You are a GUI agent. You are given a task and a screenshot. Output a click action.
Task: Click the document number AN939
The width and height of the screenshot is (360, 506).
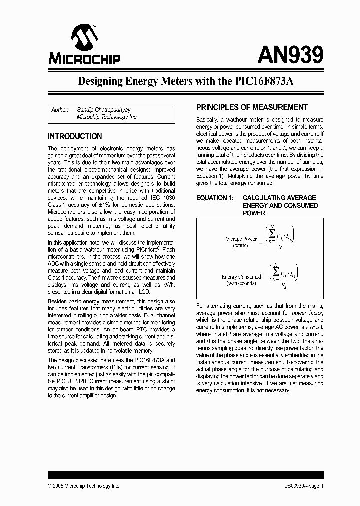click(290, 54)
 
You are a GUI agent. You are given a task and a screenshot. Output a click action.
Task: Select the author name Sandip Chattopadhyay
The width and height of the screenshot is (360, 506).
click(103, 109)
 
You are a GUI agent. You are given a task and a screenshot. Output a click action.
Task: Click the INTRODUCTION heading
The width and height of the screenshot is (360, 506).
click(74, 136)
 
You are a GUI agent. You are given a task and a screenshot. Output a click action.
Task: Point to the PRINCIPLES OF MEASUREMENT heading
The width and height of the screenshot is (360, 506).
click(251, 107)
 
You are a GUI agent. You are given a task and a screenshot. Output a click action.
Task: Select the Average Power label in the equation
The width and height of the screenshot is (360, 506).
click(240, 239)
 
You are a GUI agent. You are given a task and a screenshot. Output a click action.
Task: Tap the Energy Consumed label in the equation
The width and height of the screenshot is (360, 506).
click(241, 277)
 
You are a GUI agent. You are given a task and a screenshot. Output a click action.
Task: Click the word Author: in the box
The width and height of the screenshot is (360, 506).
click(60, 109)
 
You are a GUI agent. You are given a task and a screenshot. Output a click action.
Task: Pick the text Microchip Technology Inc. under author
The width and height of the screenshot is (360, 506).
click(107, 117)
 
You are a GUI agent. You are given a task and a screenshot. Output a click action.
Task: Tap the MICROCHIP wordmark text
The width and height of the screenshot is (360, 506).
click(84, 60)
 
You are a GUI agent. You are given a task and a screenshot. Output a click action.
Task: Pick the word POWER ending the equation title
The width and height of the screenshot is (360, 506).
click(254, 213)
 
